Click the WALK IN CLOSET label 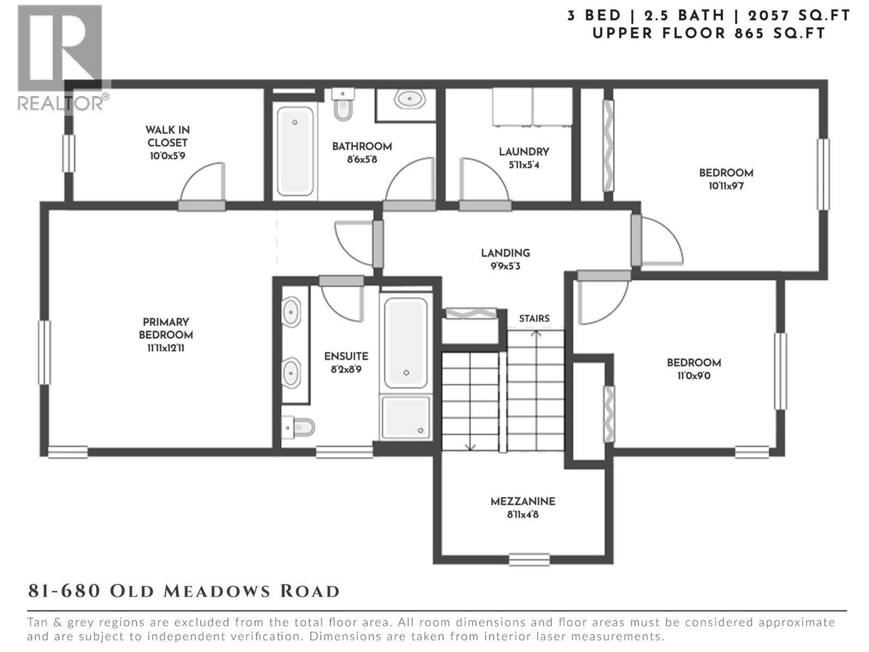[167, 136]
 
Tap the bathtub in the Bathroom [295, 151]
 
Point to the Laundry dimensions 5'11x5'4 [524, 165]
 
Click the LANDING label [506, 253]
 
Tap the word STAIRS [534, 319]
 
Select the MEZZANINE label [523, 501]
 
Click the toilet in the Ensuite [299, 428]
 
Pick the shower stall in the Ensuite [406, 417]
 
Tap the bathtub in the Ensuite [406, 343]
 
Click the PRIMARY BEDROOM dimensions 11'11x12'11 [166, 348]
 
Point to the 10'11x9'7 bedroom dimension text [726, 186]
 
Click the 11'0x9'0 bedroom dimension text [694, 375]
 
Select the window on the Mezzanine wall [529, 560]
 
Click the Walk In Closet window [69, 154]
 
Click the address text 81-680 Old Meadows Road [184, 592]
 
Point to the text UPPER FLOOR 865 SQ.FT [709, 33]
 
